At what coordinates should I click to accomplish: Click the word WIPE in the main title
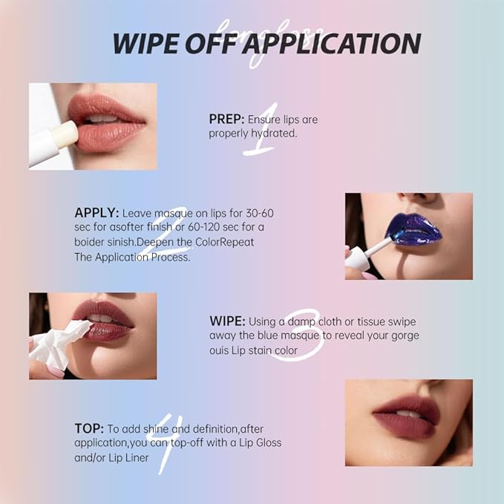pos(145,43)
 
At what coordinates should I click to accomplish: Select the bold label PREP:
pos(226,119)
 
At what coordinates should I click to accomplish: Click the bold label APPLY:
pos(96,213)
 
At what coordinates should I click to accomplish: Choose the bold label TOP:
pos(88,428)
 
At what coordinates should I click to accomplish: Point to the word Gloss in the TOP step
pos(265,443)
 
